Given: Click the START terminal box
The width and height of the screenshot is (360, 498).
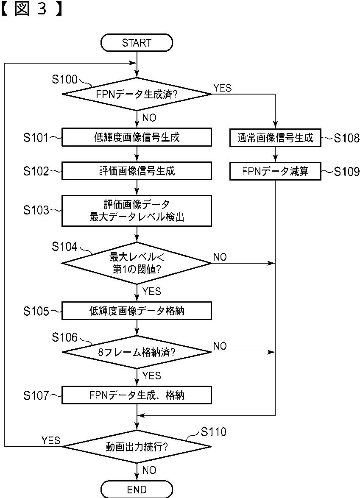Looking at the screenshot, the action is [137, 42].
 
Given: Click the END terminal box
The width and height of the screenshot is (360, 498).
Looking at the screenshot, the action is [137, 489].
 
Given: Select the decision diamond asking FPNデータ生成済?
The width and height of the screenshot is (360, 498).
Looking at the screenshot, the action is [137, 94].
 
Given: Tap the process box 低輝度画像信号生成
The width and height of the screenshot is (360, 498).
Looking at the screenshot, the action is [137, 137].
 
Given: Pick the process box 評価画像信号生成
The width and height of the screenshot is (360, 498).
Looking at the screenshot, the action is [137, 171].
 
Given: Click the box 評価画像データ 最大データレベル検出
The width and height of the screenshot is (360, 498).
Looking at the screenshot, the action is [137, 211].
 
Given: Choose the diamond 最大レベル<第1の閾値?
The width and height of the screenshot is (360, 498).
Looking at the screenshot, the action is [137, 263].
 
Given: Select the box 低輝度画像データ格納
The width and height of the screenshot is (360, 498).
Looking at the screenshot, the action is [137, 310].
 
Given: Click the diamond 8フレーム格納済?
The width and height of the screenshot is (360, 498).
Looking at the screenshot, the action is [137, 352].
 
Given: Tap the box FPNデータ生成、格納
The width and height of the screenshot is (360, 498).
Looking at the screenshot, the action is [137, 395].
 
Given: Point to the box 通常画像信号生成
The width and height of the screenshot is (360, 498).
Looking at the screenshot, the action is [275, 137].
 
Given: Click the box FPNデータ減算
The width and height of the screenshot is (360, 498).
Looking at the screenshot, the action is [275, 171].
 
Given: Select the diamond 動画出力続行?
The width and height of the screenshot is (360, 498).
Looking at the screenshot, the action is [137, 447].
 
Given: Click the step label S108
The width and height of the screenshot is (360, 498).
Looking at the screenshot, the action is [347, 138].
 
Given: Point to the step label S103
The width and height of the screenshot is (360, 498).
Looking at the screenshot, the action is [36, 210].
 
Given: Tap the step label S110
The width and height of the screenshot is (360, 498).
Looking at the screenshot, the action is [214, 431].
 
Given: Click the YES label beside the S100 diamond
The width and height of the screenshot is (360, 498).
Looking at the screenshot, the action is [223, 88].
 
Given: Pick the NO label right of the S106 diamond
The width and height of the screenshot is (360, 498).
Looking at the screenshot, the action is [220, 346].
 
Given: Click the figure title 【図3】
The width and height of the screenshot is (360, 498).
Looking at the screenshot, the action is [31, 9].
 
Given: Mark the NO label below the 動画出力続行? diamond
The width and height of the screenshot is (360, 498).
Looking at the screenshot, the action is [149, 470].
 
